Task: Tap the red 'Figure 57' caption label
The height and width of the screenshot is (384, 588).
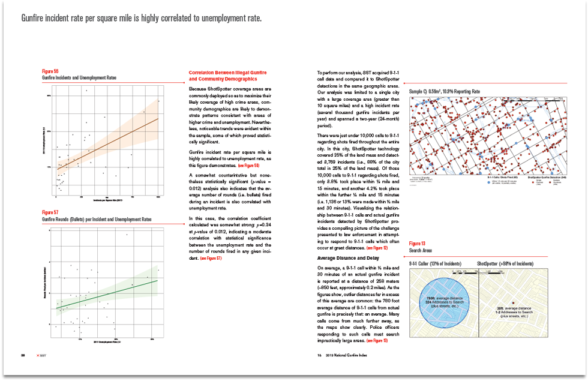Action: point(50,212)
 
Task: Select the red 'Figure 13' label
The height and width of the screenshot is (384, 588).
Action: point(417,244)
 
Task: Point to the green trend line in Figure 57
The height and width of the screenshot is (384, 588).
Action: point(108,294)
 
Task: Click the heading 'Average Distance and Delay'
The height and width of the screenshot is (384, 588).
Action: point(343,258)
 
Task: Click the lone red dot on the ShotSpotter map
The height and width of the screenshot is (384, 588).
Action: point(514,303)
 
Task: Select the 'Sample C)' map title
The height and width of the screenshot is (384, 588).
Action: point(443,92)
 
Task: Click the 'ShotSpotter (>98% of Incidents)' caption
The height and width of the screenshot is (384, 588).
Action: point(507,264)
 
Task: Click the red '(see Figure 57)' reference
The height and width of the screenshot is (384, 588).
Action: point(211,258)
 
